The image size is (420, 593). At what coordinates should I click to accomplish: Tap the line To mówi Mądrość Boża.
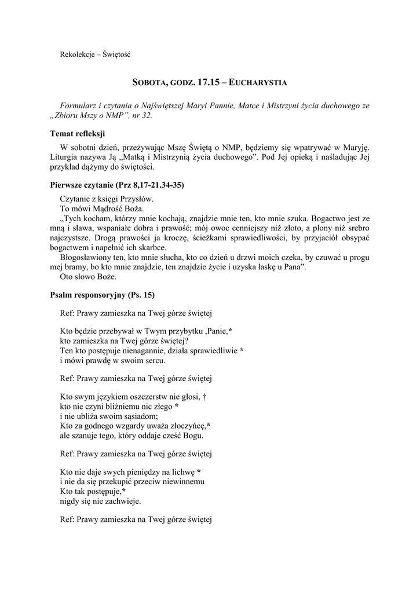coord(101,208)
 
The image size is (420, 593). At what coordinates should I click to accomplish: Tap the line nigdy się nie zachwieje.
coord(100,501)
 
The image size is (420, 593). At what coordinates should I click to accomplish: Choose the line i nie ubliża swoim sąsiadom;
coord(108,416)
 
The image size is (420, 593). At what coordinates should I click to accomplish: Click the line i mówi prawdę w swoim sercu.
coord(112,360)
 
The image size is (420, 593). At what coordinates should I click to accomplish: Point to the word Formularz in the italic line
coord(79,105)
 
